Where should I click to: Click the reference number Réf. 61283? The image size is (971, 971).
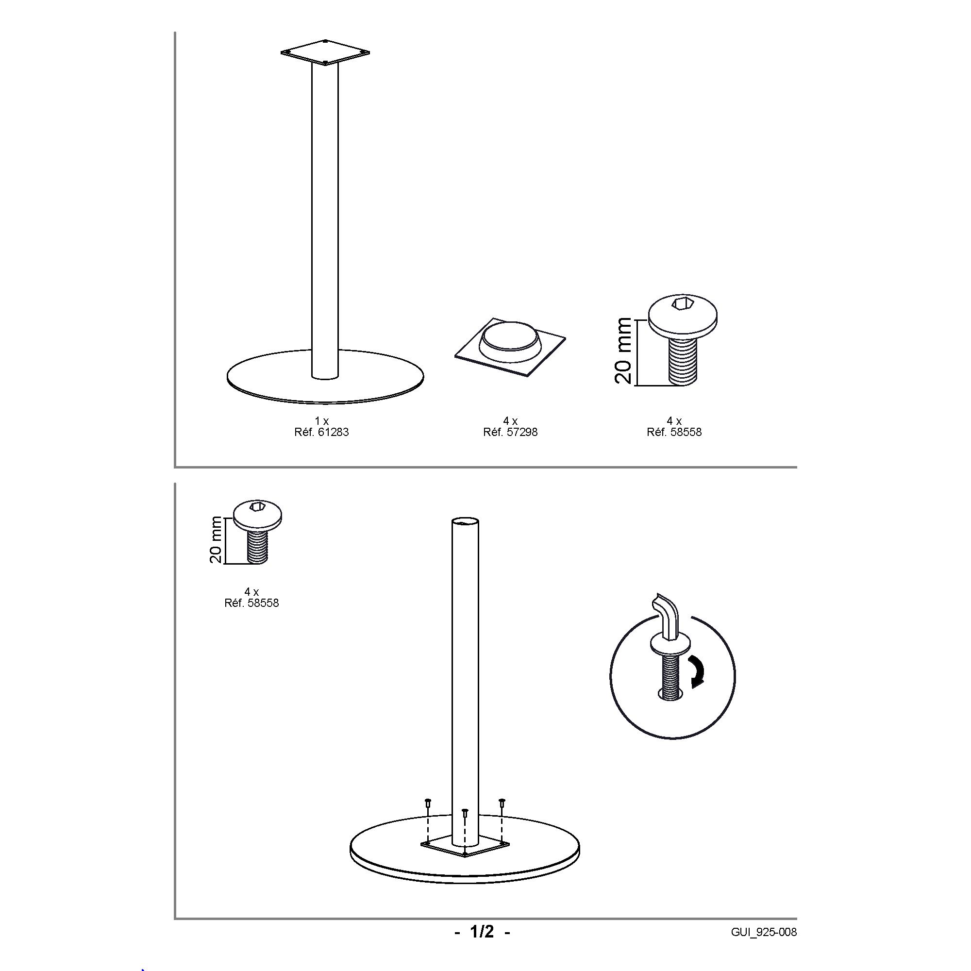(x=321, y=432)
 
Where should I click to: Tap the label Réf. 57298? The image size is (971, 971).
(x=510, y=432)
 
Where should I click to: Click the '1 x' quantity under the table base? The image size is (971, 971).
(x=322, y=420)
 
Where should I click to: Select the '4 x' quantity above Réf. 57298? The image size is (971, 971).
(x=511, y=420)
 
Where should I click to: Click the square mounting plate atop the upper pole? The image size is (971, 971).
(x=325, y=52)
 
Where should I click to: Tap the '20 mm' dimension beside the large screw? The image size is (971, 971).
(x=623, y=351)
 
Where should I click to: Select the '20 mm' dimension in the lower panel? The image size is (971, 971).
(x=216, y=539)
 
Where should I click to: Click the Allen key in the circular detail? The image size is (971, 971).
(x=667, y=619)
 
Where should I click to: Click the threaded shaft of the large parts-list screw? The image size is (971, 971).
(x=683, y=361)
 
